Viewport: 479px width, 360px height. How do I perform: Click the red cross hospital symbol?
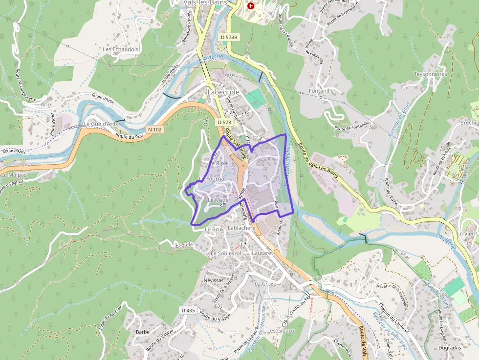coord(251,6)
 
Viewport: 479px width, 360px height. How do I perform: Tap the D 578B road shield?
coord(228,37)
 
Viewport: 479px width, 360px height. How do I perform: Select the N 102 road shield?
coord(154,129)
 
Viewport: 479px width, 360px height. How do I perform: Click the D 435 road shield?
coord(188,310)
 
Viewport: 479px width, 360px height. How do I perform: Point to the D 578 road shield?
coord(224,122)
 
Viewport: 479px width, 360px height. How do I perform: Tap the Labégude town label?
coord(223,92)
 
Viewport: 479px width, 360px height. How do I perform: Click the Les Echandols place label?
coord(121,49)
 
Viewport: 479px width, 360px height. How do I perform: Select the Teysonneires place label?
coord(431,74)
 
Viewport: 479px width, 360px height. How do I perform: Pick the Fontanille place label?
coord(321,91)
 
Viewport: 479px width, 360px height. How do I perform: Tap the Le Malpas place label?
coord(14,174)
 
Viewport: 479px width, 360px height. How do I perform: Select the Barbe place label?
coord(142,332)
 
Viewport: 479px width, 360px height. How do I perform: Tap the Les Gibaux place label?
coord(281,331)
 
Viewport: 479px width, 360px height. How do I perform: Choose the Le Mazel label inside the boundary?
coord(218,200)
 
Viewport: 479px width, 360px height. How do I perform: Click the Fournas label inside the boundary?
coord(217,179)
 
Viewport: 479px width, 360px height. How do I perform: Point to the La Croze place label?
coord(265,283)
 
